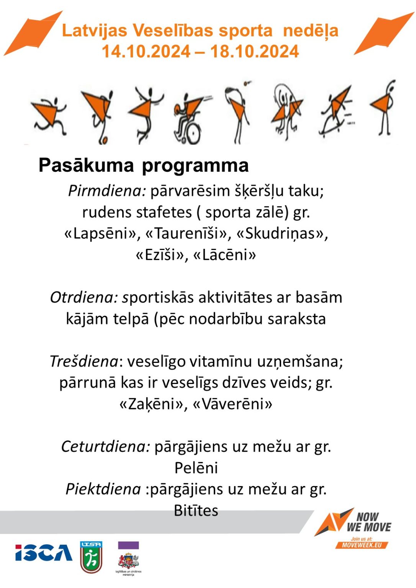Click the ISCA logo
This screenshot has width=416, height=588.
coord(44,552)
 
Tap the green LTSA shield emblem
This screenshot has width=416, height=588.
coord(91,557)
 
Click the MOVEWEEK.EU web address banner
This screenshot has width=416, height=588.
coord(362,545)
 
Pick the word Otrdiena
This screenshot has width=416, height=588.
coord(84,297)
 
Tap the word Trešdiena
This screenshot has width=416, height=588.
coord(84,361)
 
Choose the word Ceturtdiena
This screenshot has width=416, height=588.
coord(105,446)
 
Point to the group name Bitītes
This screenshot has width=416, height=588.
coord(196,511)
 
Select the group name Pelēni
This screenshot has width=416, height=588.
coord(196,468)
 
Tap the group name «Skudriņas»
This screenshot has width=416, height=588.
coord(282,234)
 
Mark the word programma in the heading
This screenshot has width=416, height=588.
coord(195,165)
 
